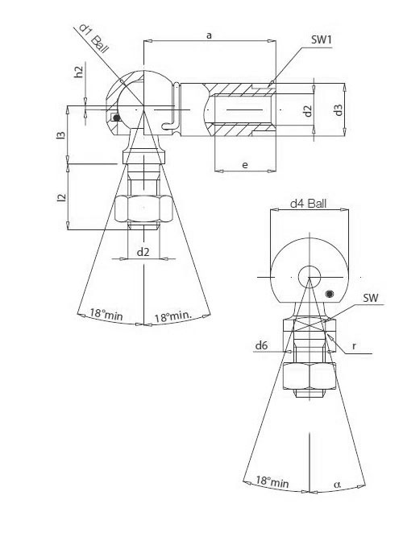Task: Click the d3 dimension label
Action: [x=339, y=109]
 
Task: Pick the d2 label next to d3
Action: [x=307, y=109]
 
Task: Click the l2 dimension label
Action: [x=61, y=197]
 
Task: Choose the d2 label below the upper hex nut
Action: [x=143, y=252]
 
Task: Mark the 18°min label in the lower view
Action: [x=272, y=481]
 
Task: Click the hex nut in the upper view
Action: [x=143, y=211]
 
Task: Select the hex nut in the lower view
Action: [x=309, y=377]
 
